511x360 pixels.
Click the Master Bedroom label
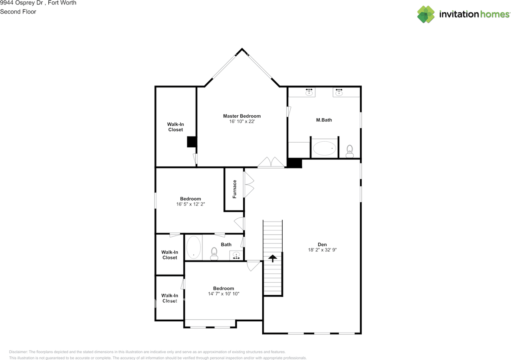point(242,116)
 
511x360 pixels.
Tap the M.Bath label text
point(324,120)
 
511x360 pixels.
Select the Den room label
point(322,245)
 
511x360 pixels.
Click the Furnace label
point(235,189)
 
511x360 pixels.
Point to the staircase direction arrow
point(273,259)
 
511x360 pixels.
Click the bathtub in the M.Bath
point(325,148)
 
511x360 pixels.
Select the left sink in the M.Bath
point(309,92)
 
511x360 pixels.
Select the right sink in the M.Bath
point(339,92)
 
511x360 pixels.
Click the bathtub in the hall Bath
point(194,248)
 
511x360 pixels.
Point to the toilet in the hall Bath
point(214,253)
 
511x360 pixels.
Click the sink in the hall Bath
point(236,255)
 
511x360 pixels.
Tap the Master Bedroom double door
point(271,163)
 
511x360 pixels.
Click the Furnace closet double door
point(249,184)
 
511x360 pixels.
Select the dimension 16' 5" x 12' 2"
point(190,204)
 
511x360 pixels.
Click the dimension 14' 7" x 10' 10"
point(223,294)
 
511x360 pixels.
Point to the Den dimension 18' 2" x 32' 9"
point(322,250)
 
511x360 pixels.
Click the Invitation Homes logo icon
point(426,14)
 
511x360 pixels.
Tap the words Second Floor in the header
point(18,12)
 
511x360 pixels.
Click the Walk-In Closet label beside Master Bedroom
point(175,127)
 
